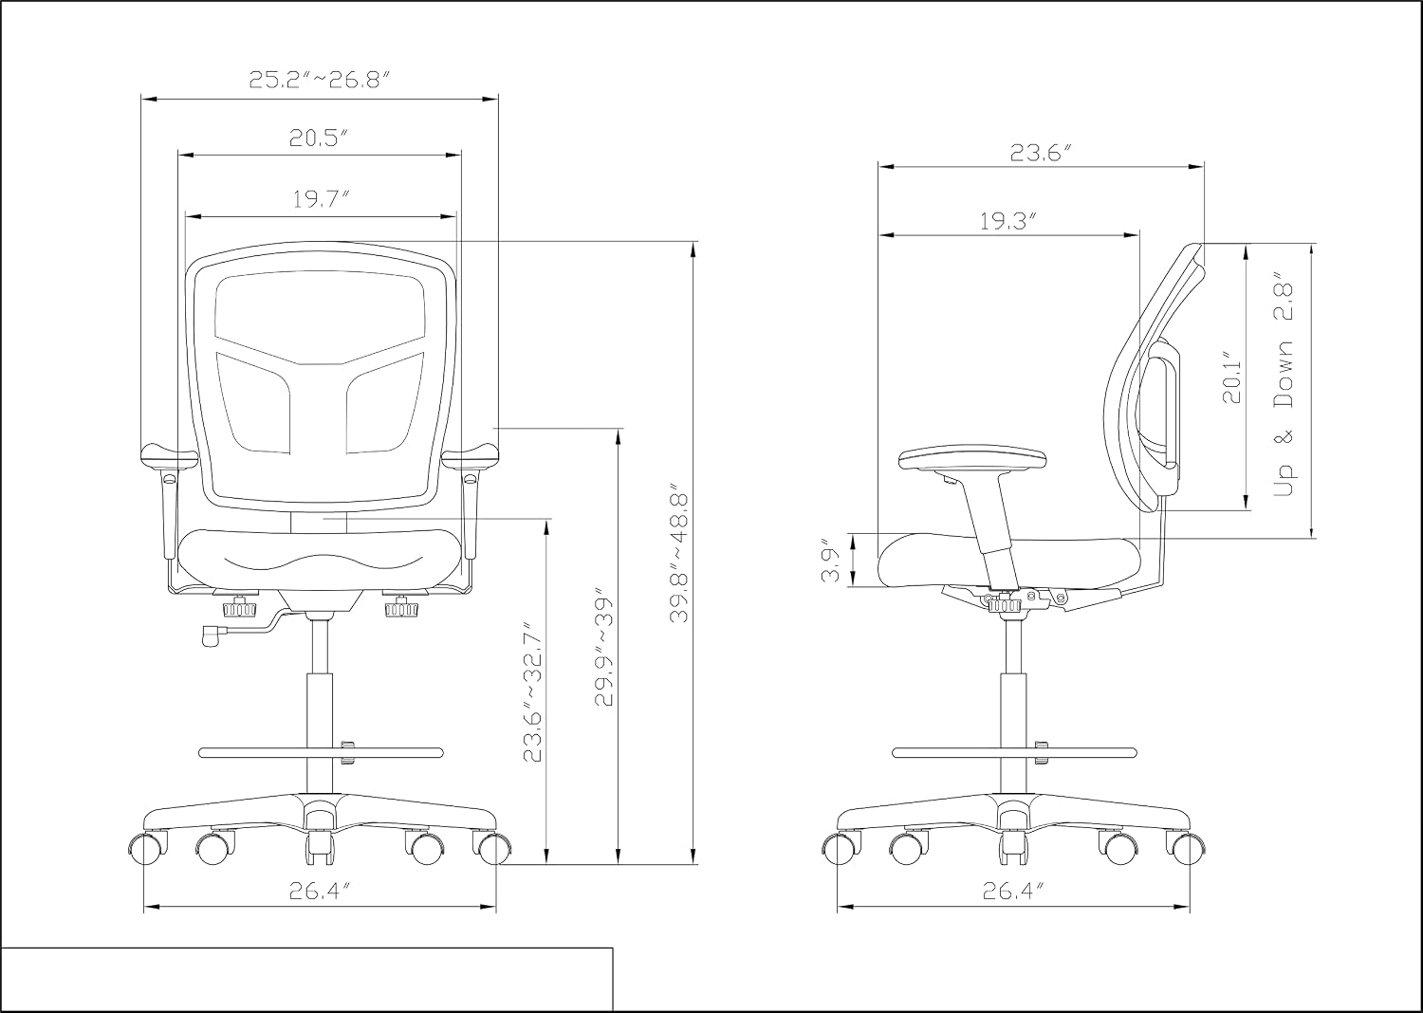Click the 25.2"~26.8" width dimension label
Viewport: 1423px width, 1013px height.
point(318,80)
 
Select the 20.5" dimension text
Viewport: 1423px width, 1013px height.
point(320,138)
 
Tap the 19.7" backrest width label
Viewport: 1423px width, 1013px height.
point(322,199)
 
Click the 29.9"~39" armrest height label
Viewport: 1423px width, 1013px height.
point(603,651)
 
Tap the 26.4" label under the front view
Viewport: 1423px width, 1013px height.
point(321,892)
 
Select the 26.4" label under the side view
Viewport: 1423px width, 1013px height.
point(1014,892)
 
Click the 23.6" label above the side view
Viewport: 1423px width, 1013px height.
point(1042,153)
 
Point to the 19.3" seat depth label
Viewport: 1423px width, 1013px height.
point(1008,221)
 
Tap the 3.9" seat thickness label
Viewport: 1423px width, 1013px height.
point(831,561)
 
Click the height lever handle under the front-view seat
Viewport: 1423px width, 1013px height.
point(210,635)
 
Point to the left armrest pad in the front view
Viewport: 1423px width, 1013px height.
point(169,456)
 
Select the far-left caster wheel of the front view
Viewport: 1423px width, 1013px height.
point(149,848)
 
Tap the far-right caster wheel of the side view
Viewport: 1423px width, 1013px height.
point(1186,848)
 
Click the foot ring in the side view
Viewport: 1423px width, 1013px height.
point(1014,752)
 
